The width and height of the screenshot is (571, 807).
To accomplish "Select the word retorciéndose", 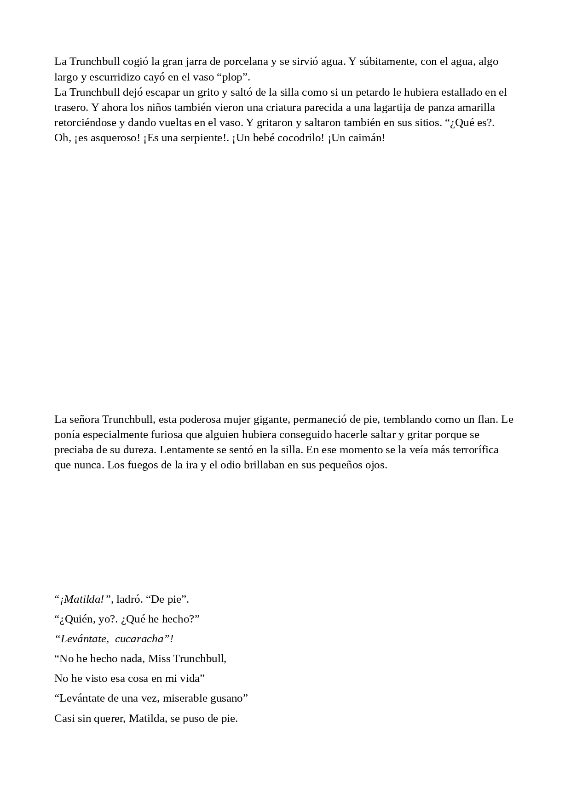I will coord(85,123).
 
